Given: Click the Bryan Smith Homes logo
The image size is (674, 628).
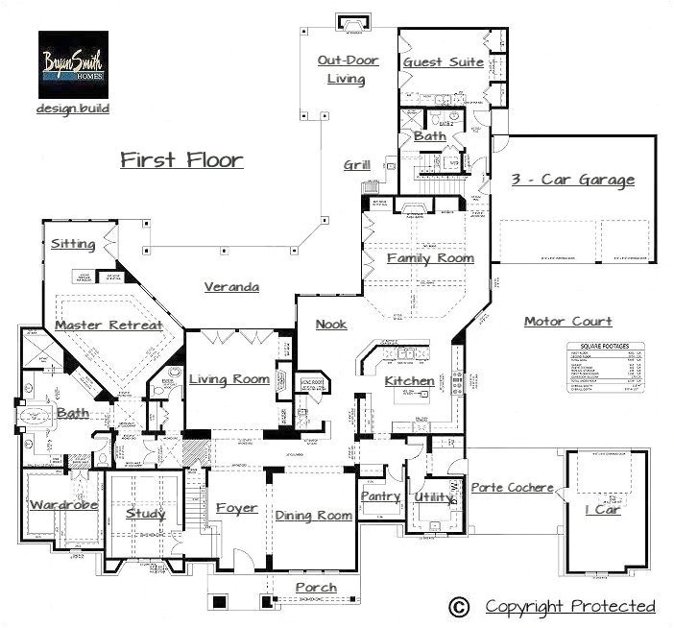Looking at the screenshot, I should click(73, 62).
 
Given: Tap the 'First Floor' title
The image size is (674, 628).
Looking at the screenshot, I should click(181, 159).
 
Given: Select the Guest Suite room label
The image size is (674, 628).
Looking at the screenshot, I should click(442, 61).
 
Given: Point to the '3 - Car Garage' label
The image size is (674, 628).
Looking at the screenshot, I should click(574, 180).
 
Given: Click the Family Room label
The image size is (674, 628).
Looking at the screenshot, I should click(430, 258).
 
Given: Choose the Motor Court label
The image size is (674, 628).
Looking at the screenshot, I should click(567, 321).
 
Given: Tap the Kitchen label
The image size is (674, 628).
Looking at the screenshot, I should click(410, 381).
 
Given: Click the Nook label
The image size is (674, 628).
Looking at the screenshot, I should click(331, 325).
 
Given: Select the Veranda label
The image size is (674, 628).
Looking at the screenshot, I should click(231, 286).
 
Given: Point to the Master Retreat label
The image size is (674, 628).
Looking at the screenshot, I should click(108, 326).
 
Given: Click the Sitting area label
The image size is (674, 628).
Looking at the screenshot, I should click(74, 244).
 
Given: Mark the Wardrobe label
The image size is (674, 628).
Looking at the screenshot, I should click(63, 505).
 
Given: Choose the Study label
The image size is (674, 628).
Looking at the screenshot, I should click(146, 513).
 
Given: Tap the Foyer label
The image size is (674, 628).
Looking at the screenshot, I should click(236, 508).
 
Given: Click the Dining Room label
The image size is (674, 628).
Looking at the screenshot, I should click(314, 516).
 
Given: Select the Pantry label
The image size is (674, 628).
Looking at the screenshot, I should click(380, 496).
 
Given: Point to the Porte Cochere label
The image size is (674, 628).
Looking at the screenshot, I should click(512, 488).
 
